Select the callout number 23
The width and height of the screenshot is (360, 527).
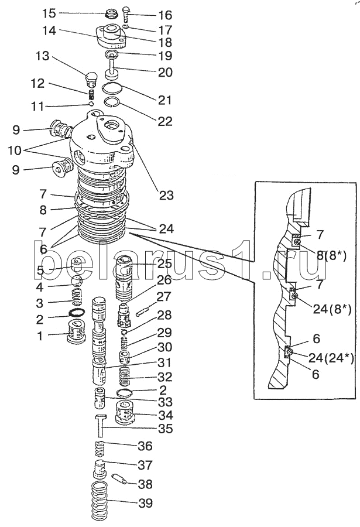tap(166, 196)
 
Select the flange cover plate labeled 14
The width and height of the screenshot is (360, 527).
tap(112, 36)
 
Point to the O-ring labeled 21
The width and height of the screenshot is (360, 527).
tap(111, 89)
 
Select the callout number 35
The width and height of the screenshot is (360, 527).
tap(165, 412)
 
